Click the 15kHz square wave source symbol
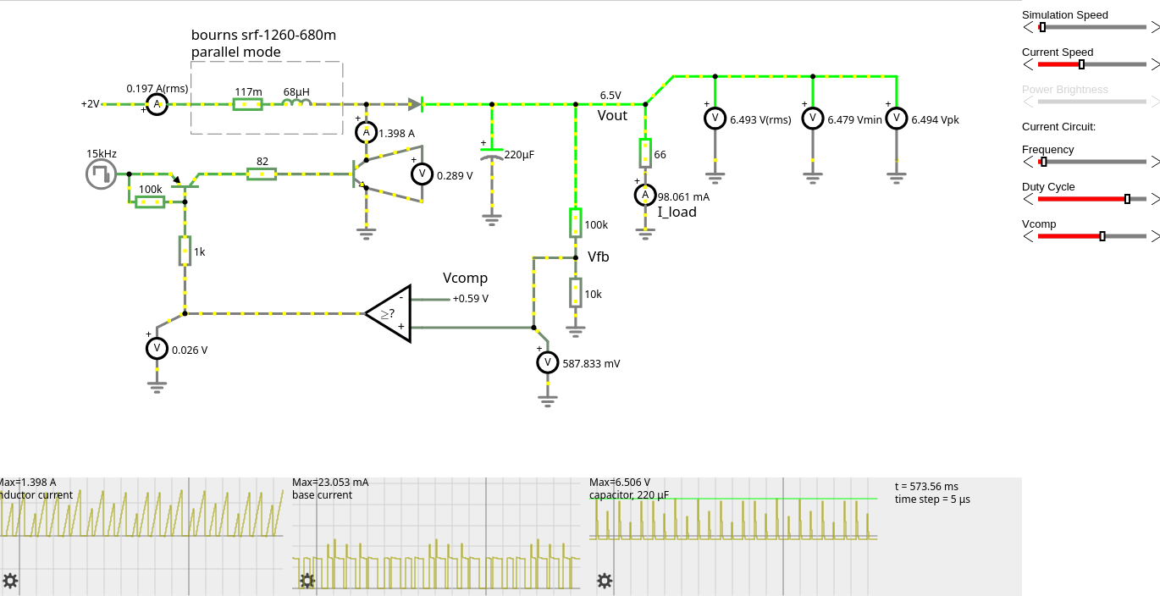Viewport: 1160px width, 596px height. point(100,174)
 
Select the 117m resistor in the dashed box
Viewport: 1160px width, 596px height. point(247,104)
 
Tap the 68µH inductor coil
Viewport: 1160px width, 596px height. point(296,103)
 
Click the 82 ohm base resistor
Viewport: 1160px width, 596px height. point(262,174)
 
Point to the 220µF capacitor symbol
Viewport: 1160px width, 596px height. point(492,156)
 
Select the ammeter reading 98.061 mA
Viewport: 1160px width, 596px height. point(645,196)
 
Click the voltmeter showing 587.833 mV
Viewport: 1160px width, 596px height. point(547,362)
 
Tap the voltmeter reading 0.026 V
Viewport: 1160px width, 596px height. point(156,348)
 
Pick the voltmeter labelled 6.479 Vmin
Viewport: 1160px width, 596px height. point(813,118)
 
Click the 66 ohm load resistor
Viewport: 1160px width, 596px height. point(645,153)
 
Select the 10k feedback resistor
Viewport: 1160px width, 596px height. point(576,294)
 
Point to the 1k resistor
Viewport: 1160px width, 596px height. point(185,251)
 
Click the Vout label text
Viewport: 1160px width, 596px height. point(612,115)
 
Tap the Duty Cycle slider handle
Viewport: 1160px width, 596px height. point(1127,199)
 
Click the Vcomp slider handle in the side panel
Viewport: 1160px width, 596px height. point(1102,236)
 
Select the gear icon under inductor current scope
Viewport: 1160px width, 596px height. point(10,581)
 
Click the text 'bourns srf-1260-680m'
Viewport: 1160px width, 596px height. point(263,35)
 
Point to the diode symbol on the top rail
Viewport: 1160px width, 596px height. point(415,104)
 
